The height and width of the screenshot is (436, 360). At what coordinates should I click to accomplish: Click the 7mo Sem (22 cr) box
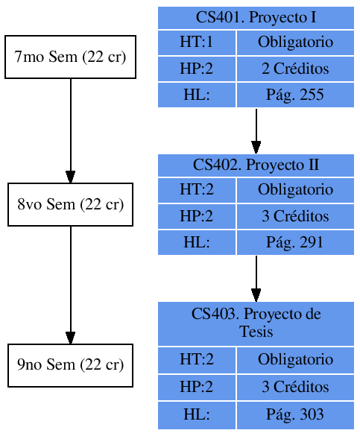tap(70, 57)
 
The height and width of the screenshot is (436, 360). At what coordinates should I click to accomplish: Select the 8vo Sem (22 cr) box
tap(70, 204)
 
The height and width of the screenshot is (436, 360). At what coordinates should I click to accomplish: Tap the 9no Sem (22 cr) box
tap(70, 365)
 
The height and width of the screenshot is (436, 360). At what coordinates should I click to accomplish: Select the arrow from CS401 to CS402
tap(256, 130)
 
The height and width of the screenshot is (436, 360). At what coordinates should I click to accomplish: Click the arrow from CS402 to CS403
tap(256, 278)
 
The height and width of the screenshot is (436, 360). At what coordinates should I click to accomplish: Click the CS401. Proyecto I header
tap(256, 17)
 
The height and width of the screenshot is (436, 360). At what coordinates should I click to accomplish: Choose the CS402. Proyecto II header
tap(256, 165)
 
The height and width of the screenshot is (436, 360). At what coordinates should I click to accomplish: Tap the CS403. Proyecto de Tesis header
tap(256, 323)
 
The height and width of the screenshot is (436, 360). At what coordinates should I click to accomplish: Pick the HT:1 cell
tap(197, 42)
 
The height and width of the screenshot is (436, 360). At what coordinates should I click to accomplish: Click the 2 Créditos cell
tap(295, 69)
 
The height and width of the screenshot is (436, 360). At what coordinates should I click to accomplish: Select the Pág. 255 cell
tap(295, 95)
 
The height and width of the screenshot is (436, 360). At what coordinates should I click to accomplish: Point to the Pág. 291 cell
tap(295, 243)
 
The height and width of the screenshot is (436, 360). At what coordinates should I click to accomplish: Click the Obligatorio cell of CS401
tap(295, 42)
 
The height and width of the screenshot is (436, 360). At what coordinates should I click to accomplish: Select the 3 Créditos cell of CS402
tap(295, 217)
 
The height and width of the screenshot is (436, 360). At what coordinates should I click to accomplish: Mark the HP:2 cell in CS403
tap(197, 388)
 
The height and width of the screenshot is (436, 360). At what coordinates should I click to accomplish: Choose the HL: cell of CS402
tap(197, 243)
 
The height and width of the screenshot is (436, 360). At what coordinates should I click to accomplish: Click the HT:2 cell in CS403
tap(197, 360)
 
